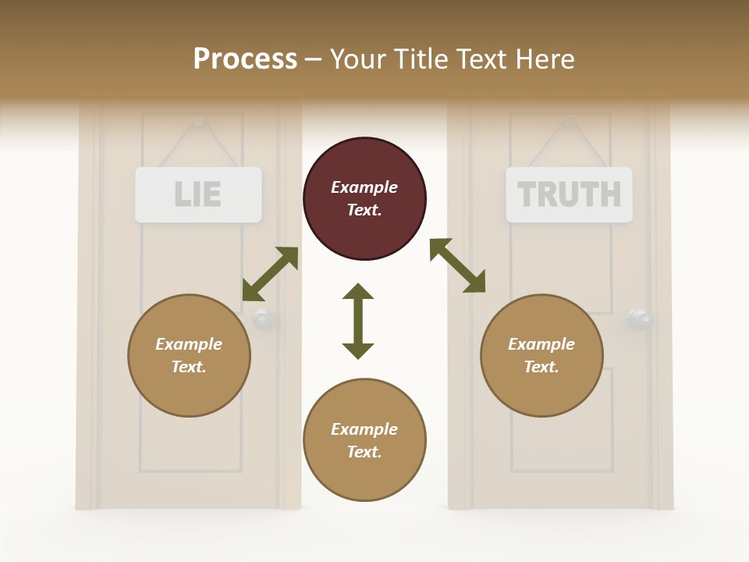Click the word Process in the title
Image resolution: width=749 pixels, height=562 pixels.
tap(245, 59)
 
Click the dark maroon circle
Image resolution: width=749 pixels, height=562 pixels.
tap(364, 198)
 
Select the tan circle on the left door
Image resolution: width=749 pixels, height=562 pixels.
tap(189, 355)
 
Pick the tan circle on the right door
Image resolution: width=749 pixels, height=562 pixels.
tap(541, 355)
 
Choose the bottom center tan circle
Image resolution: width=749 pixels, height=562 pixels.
tap(364, 440)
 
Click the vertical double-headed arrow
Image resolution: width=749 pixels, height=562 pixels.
tap(358, 321)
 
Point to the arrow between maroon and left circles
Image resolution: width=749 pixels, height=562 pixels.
tap(270, 274)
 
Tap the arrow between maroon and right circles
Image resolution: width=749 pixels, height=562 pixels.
tap(457, 265)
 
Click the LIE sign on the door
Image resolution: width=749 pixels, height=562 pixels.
tap(198, 194)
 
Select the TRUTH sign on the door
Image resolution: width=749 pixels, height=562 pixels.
tap(569, 194)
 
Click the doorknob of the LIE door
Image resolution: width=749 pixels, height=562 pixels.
tap(262, 318)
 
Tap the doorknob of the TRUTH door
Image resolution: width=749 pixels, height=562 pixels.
tap(640, 318)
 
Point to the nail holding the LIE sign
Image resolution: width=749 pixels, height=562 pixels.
tap(199, 121)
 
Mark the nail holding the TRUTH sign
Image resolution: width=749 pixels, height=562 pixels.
tap(570, 121)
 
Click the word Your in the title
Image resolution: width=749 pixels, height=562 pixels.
tap(356, 59)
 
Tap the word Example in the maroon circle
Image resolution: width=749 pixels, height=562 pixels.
tap(364, 187)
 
